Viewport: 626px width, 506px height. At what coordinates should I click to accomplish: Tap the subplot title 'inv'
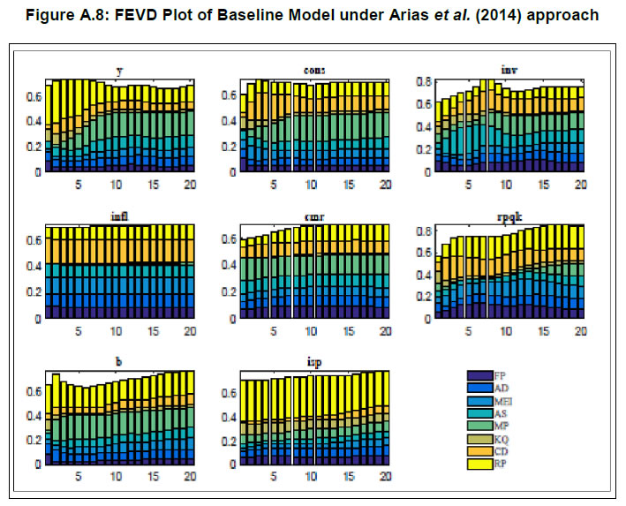click(x=506, y=72)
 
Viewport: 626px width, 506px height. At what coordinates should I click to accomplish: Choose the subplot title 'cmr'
click(x=312, y=217)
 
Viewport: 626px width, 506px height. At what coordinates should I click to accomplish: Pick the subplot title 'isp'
click(x=312, y=363)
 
